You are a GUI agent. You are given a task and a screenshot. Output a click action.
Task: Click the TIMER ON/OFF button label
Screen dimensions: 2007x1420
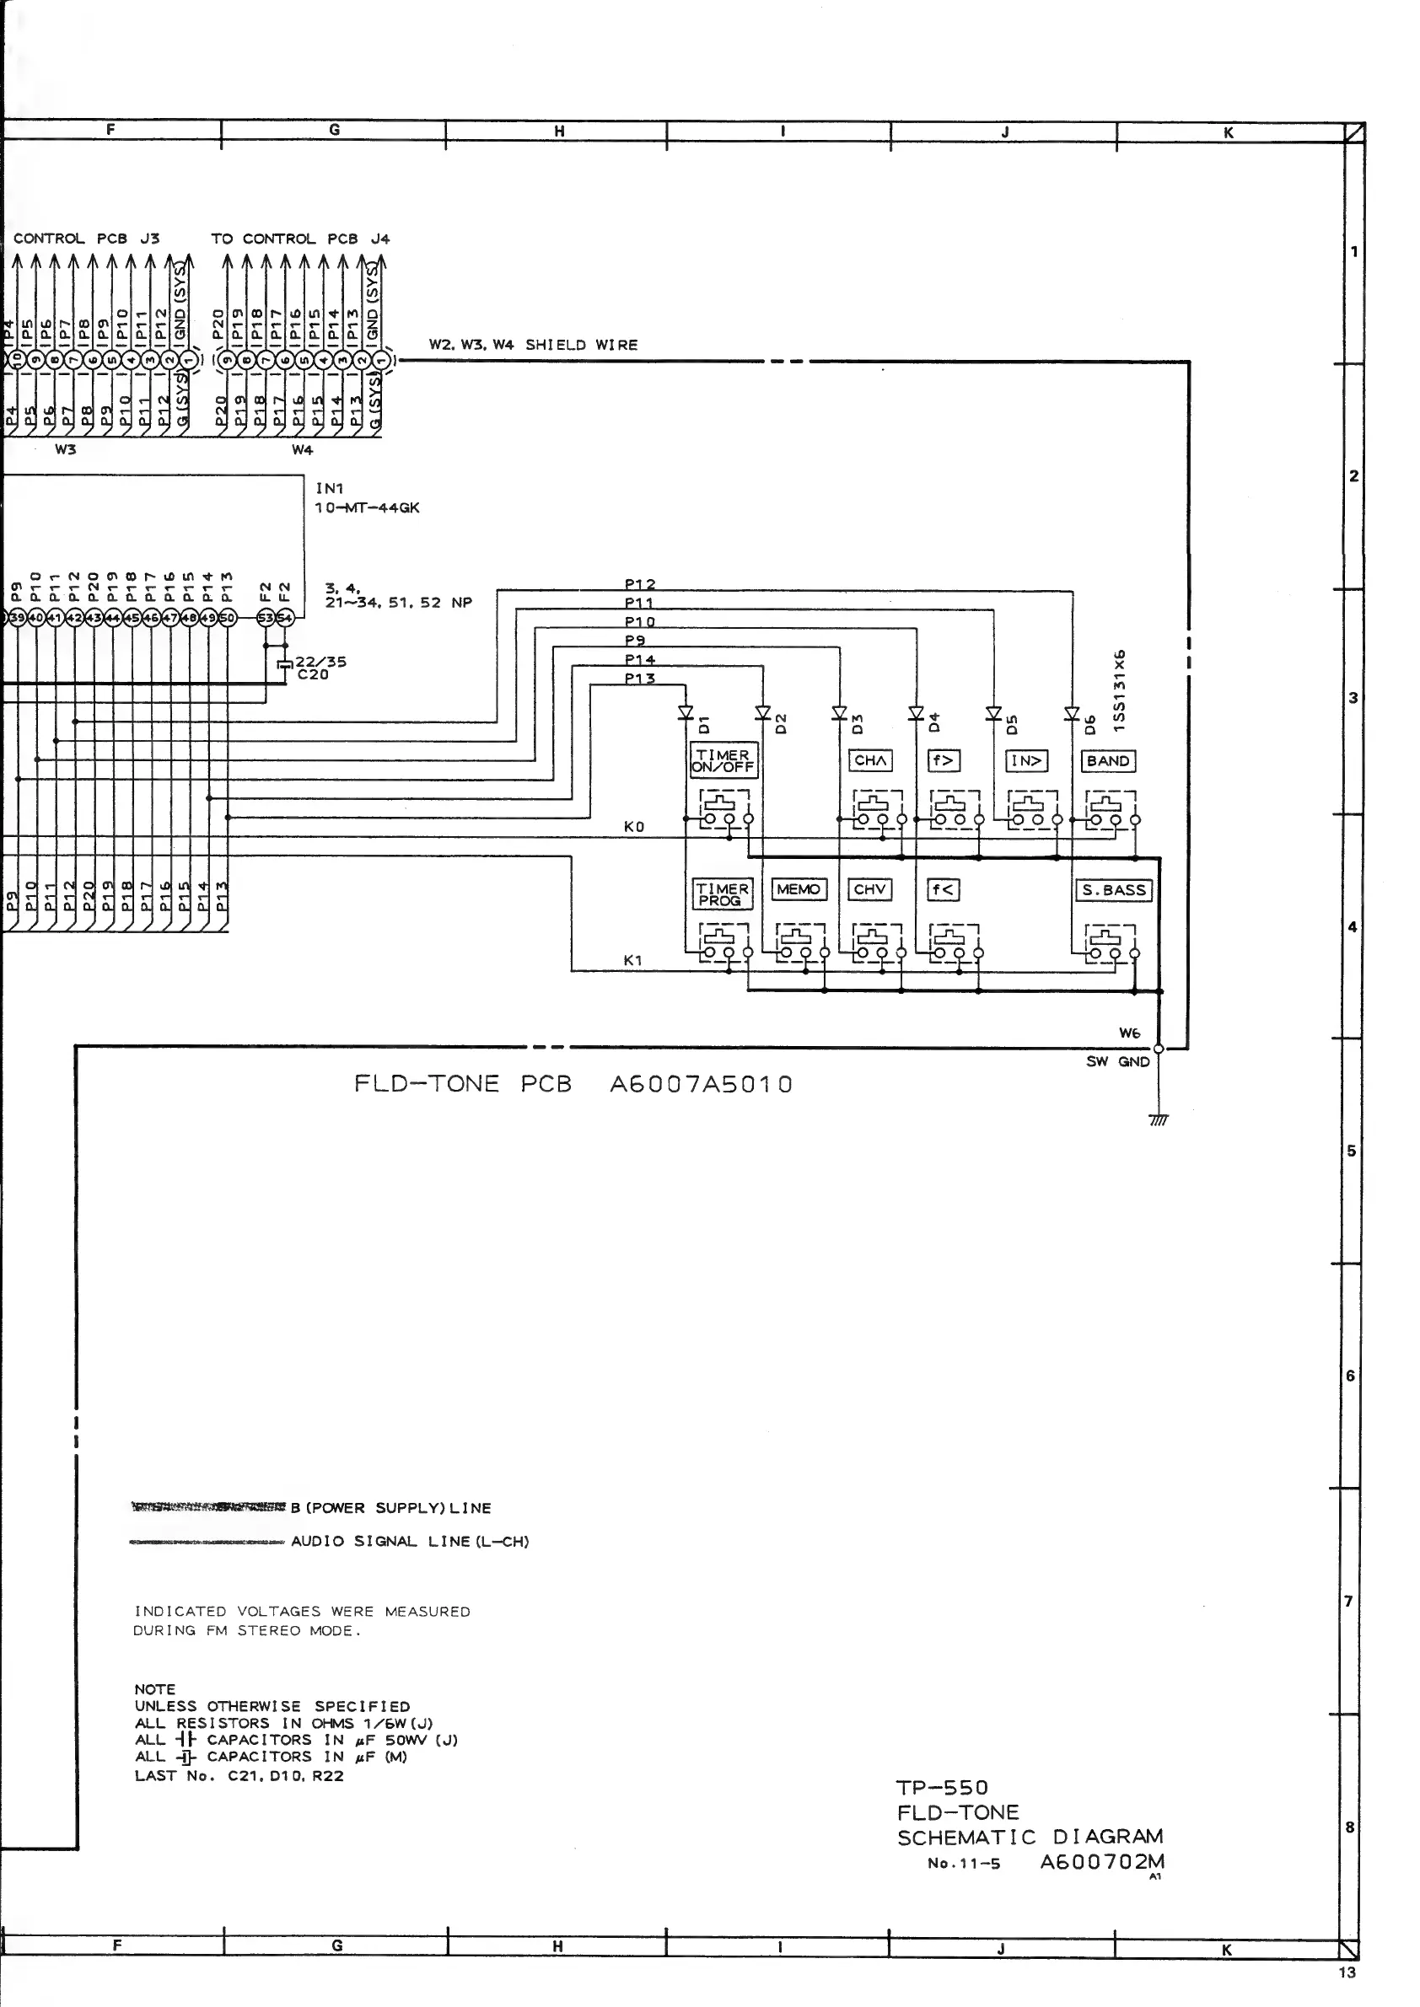[x=723, y=760]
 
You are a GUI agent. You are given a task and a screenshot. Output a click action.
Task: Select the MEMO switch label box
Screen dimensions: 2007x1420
[x=799, y=890]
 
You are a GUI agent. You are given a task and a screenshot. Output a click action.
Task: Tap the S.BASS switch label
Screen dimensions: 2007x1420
[x=1113, y=891]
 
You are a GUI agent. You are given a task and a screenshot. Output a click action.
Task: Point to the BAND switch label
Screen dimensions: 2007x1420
[x=1108, y=761]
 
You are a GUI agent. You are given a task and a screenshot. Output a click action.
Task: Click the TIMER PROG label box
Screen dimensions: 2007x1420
[x=721, y=894]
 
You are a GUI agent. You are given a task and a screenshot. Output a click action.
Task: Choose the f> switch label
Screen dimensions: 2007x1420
[x=943, y=760]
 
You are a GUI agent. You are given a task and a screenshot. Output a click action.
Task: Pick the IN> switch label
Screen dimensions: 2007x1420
[x=1026, y=761]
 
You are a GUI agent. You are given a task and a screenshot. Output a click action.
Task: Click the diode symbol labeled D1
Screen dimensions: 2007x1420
[x=686, y=713]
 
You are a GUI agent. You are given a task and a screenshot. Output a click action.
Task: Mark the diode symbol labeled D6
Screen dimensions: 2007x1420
[x=1072, y=713]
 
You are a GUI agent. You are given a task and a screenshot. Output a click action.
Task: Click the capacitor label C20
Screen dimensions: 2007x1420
[x=312, y=675]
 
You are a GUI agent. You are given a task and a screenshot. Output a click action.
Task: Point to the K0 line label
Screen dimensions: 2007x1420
[x=634, y=827]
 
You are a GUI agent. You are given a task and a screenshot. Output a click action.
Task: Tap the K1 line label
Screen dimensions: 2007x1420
[x=633, y=961]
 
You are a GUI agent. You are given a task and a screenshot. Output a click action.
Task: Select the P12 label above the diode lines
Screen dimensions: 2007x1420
[x=640, y=584]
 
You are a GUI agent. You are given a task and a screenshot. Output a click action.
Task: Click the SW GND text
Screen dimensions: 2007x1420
[x=1117, y=1062]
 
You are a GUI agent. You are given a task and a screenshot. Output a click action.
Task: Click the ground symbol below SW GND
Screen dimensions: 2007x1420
[x=1159, y=1119]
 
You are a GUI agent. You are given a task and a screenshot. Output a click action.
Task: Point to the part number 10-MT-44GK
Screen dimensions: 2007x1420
[x=368, y=508]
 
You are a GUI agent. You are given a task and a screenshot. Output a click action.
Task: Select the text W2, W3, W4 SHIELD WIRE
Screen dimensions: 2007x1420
[x=533, y=346]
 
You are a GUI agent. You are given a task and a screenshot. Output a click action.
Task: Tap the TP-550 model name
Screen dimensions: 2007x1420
[x=942, y=1788]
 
